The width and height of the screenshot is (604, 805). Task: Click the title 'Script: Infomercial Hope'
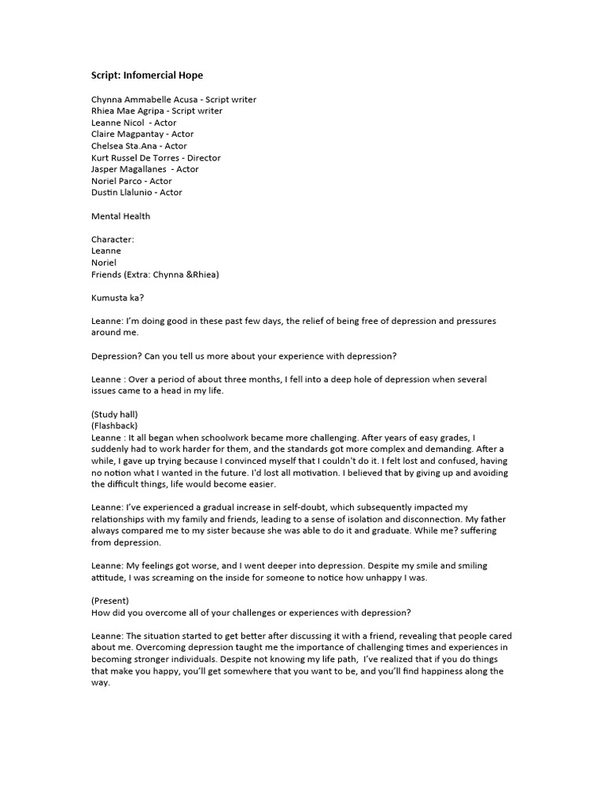[x=147, y=75]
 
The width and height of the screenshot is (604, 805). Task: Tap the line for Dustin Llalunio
[x=137, y=193]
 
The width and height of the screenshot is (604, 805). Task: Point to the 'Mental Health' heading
[x=120, y=216]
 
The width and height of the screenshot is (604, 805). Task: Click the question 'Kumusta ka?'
[x=117, y=297]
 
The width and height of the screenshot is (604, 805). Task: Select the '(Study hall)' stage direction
[x=115, y=414]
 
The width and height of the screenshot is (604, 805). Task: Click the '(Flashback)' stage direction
[x=115, y=425]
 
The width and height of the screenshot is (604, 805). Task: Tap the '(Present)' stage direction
[x=110, y=601]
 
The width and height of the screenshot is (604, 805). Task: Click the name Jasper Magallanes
[x=129, y=169]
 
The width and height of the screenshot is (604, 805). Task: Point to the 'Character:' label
[x=112, y=239]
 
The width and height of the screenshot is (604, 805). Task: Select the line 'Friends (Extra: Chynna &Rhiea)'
[x=155, y=274]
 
